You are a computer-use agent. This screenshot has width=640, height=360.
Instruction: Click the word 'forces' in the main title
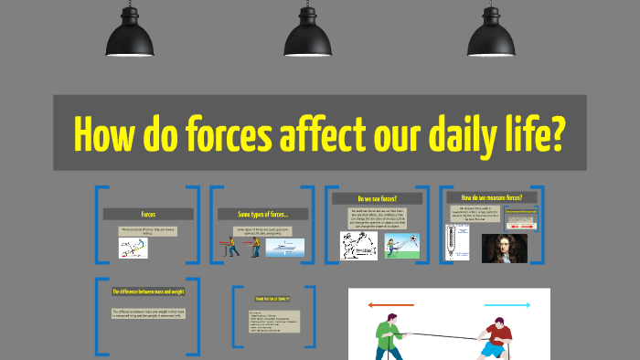[x=213, y=135]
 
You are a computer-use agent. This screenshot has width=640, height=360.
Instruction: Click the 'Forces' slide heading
[x=148, y=215]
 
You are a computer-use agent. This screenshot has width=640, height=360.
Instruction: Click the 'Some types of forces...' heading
[x=261, y=215]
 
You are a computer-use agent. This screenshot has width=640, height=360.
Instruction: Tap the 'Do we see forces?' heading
[x=377, y=198]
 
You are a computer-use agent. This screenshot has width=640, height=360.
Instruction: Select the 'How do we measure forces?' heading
[x=491, y=197]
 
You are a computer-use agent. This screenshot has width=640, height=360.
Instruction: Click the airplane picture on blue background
[x=284, y=247]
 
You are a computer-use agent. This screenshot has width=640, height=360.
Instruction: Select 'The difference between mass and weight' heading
[x=148, y=291]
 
